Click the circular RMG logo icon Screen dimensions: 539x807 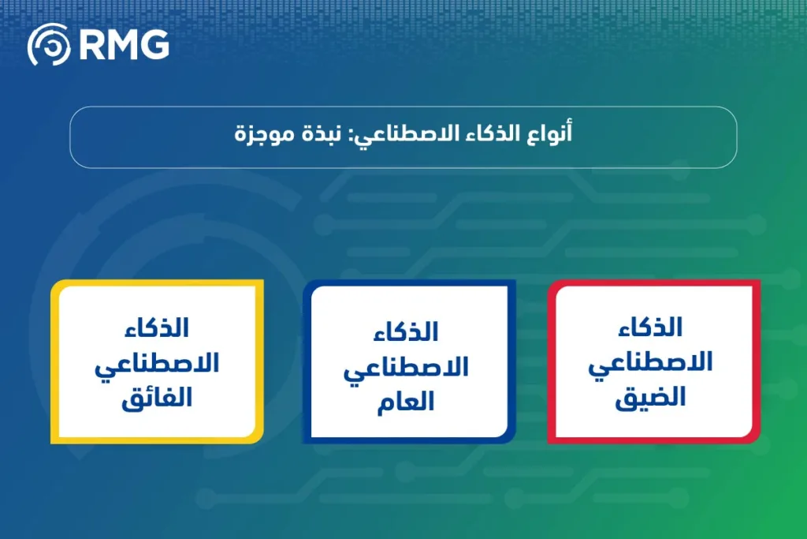49,45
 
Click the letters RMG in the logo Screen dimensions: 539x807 125,45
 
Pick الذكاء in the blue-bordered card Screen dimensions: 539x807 407,331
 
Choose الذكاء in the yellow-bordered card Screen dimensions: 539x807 158,327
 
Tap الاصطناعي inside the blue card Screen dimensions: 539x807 407,367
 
